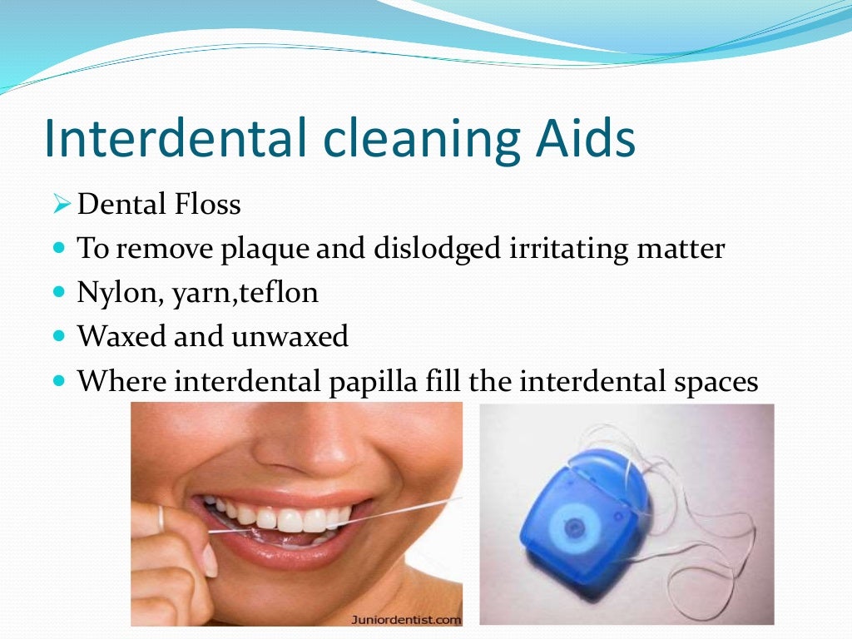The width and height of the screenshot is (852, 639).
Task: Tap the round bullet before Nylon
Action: pyautogui.click(x=57, y=293)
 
